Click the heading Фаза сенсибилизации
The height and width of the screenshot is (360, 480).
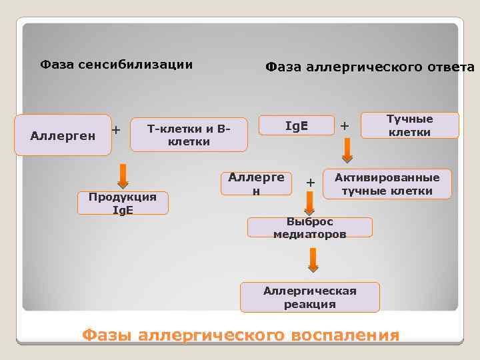click(x=117, y=65)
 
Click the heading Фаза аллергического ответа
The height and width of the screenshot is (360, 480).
click(x=370, y=67)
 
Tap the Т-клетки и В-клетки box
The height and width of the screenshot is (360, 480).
click(x=189, y=135)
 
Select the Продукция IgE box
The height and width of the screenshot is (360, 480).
click(x=122, y=203)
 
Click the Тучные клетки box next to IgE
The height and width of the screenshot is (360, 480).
click(x=410, y=125)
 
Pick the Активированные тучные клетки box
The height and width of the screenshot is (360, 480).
click(x=387, y=185)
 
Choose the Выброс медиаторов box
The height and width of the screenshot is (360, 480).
click(x=309, y=227)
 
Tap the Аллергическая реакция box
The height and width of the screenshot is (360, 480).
click(x=309, y=297)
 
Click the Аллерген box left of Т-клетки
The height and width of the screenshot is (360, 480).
click(x=63, y=135)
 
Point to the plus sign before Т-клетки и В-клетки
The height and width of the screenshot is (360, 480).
click(x=116, y=129)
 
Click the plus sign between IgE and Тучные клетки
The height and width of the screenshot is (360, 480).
click(x=344, y=125)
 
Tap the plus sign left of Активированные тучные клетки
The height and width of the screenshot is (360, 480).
click(x=309, y=181)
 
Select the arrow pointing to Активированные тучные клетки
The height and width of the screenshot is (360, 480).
click(x=347, y=152)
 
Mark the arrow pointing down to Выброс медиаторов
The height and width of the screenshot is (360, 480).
click(x=310, y=202)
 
